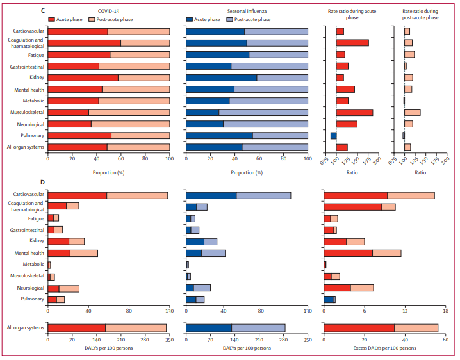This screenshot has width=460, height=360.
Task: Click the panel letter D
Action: [x=42, y=182]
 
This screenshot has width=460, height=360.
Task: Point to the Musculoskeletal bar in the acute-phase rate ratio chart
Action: [x=354, y=112]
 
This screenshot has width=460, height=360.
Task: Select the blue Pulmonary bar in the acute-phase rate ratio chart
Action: [x=333, y=135]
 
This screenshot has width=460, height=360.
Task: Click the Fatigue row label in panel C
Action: [x=35, y=54]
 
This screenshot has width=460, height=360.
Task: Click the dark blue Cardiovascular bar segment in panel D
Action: [x=211, y=195]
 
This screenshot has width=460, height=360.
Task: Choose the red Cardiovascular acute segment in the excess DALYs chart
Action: [x=356, y=195]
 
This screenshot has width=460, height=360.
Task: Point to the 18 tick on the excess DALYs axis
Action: [x=446, y=311]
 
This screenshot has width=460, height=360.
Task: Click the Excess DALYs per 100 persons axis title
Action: [x=384, y=348]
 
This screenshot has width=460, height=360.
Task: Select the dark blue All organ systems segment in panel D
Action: [x=208, y=328]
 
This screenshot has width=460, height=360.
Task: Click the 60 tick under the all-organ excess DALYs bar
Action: [x=446, y=341]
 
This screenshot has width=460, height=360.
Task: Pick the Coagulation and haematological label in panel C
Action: [x=26, y=43]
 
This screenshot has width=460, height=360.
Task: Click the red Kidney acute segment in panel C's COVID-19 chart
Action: [x=83, y=78]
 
